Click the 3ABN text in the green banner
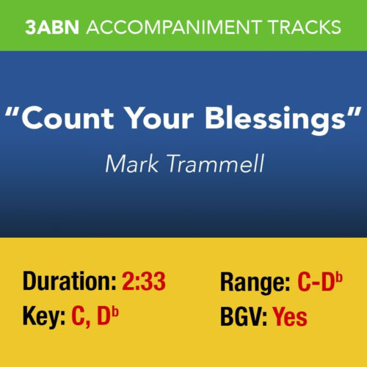(x=53, y=27)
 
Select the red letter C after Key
(x=79, y=317)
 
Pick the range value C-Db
(x=321, y=282)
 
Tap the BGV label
(x=243, y=317)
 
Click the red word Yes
(x=290, y=317)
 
